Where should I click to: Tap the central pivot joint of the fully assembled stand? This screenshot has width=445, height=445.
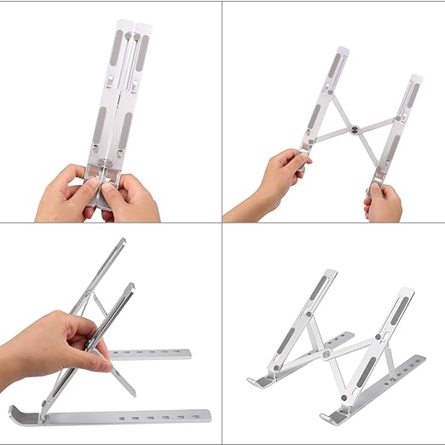327,351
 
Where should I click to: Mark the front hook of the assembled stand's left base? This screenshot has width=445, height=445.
251,379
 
